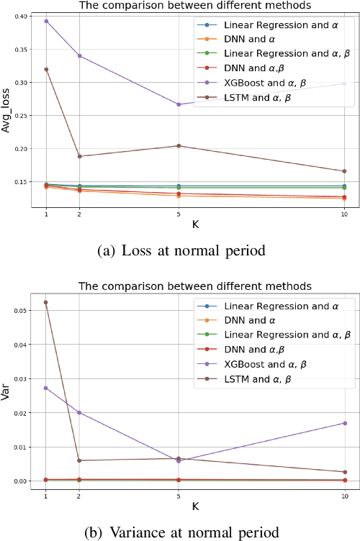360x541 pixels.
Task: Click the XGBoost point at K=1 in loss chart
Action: pos(47,21)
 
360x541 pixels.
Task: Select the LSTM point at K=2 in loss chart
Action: pos(79,156)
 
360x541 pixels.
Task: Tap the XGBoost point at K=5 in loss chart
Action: pos(178,104)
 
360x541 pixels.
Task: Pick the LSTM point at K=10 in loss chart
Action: pos(344,171)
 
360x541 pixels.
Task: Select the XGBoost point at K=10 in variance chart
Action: pos(344,423)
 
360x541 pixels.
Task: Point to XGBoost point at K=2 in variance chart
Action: pos(79,412)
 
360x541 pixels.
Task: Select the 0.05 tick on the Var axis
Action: pos(21,311)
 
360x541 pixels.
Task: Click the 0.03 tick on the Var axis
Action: pos(21,378)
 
